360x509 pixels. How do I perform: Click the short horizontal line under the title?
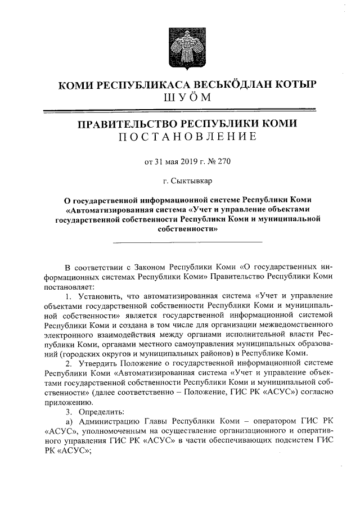click(187, 242)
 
